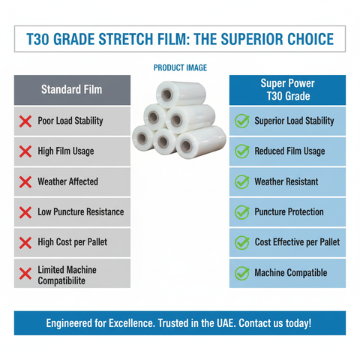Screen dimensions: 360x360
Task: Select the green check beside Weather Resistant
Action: pyautogui.click(x=241, y=181)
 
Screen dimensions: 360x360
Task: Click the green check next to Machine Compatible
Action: pyautogui.click(x=241, y=272)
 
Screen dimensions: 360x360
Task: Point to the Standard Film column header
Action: pyautogui.click(x=71, y=90)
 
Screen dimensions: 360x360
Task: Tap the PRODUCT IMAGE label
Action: pyautogui.click(x=180, y=67)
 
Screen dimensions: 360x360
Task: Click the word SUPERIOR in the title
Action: pyautogui.click(x=227, y=39)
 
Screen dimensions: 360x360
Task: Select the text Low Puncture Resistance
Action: pyautogui.click(x=80, y=211)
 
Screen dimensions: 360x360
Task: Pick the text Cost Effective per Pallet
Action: pyautogui.click(x=297, y=242)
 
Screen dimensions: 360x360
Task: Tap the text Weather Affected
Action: pyautogui.click(x=67, y=181)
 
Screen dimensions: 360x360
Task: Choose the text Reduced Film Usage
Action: pyautogui.click(x=289, y=151)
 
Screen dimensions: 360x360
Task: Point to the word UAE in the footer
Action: pyautogui.click(x=240, y=323)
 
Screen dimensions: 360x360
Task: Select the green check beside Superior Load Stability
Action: pyautogui.click(x=241, y=121)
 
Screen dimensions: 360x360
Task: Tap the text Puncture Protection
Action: pyautogui.click(x=289, y=211)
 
